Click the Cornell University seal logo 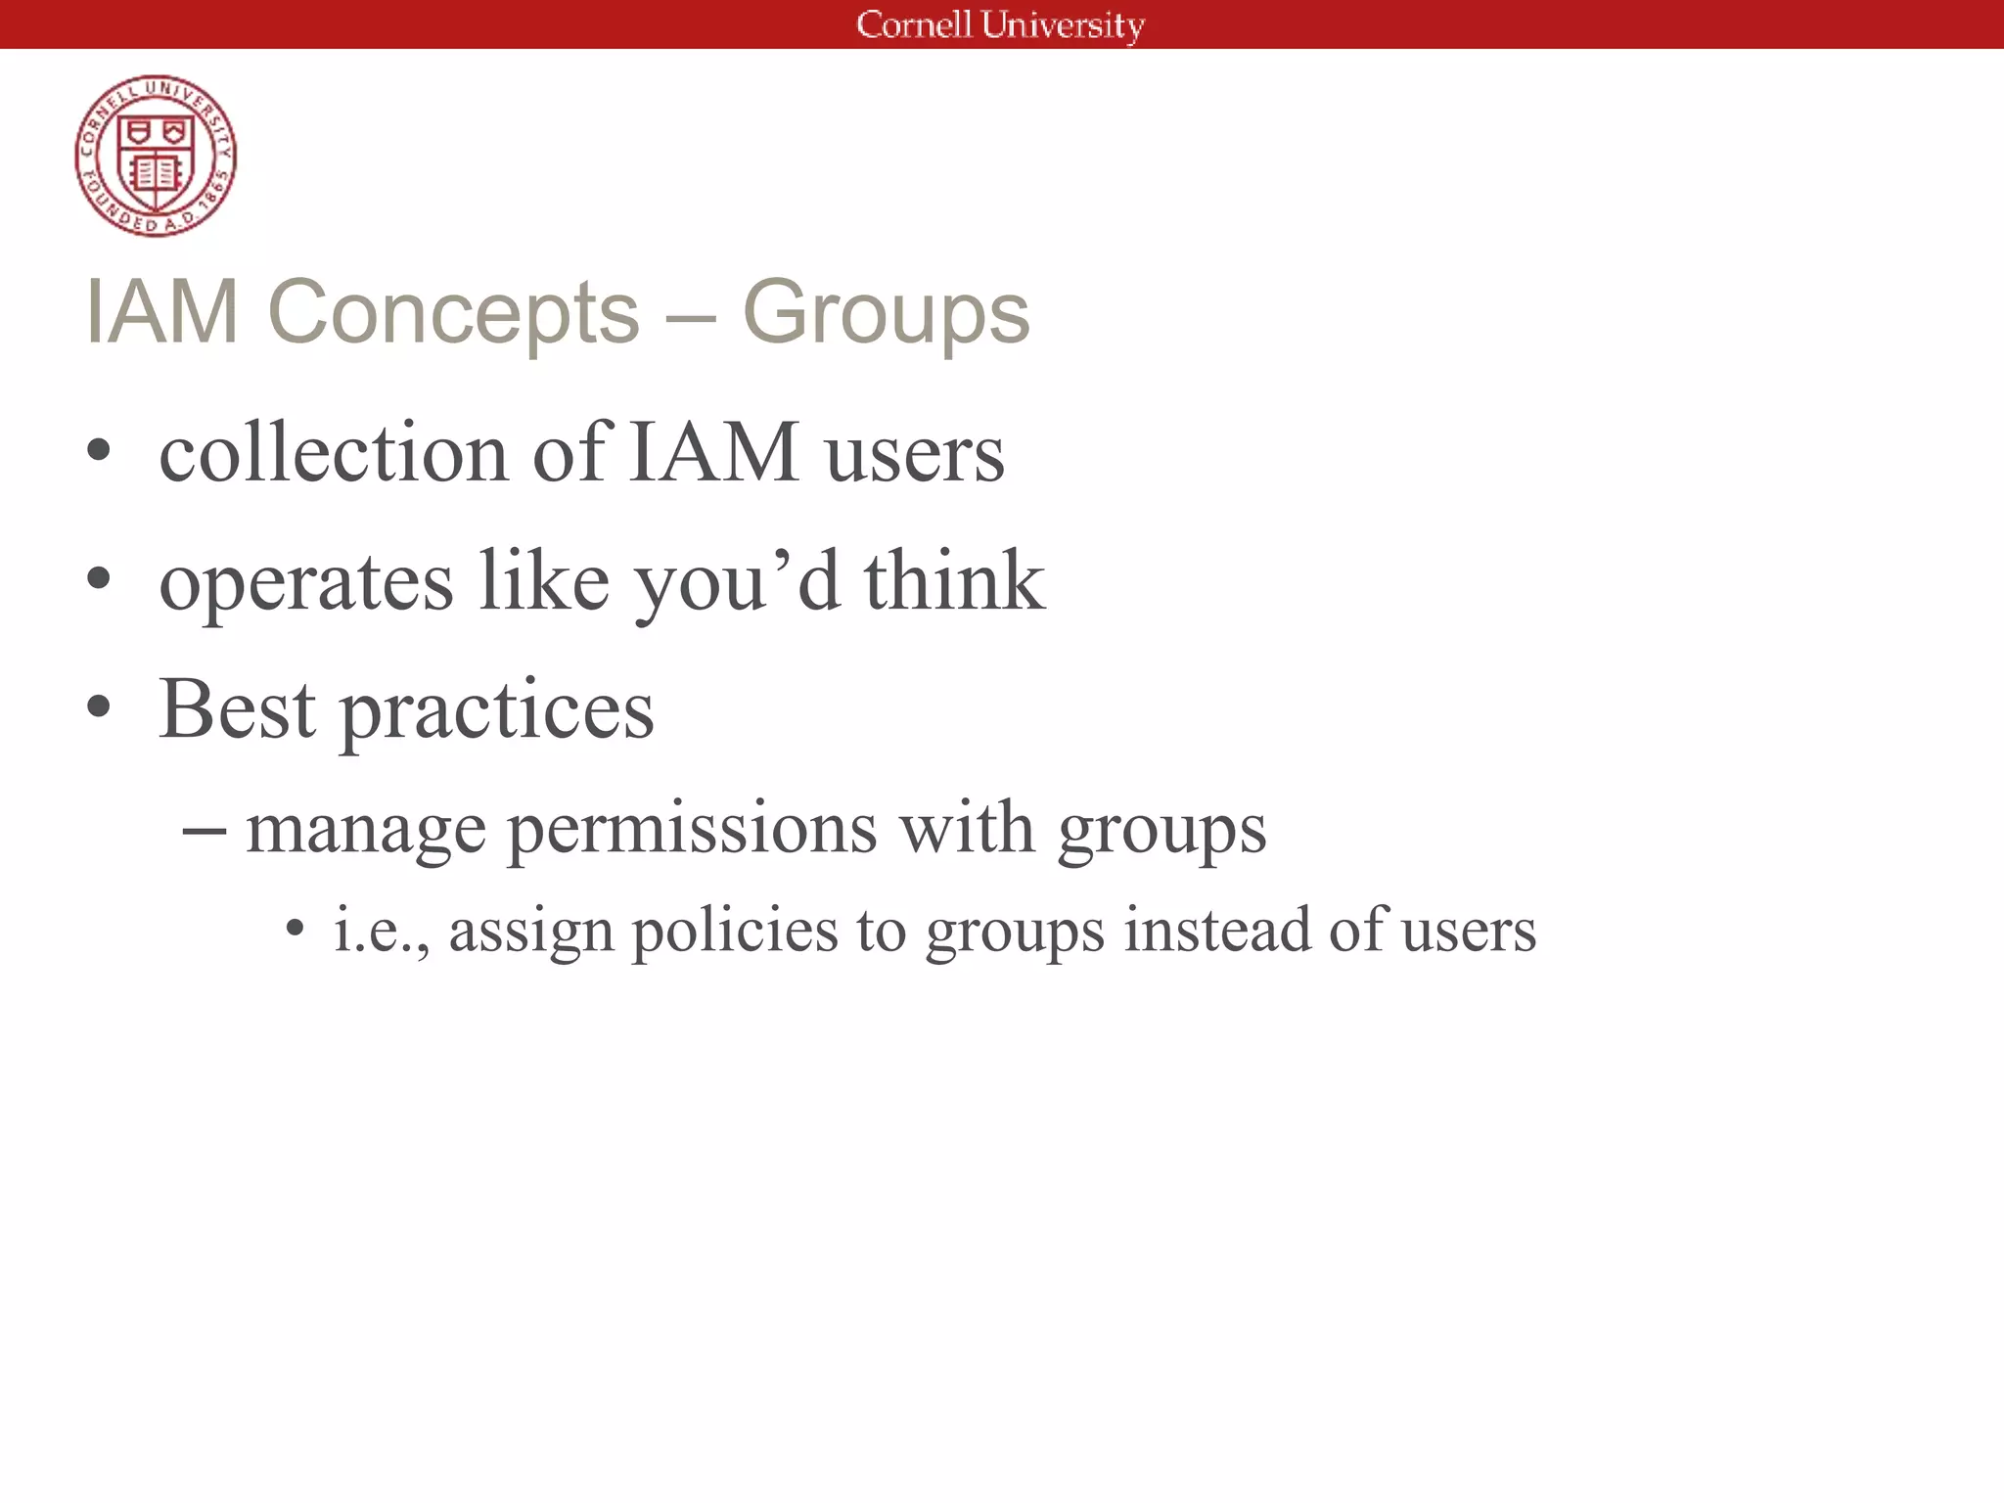pos(156,156)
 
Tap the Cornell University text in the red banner pos(1000,24)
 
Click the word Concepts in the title pos(453,312)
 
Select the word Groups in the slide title pos(886,312)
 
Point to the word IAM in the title pos(162,312)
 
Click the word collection pos(334,453)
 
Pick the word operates pos(306,581)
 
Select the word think pos(954,581)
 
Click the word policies pos(735,932)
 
